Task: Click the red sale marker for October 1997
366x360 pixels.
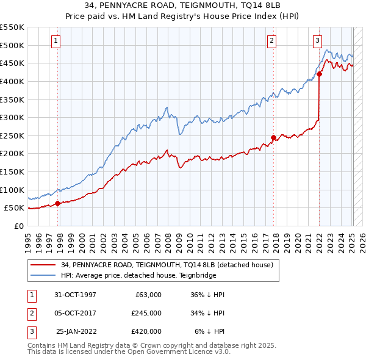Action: (58, 204)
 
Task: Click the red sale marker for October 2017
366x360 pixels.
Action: (273, 137)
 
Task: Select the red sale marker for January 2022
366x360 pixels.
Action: (319, 75)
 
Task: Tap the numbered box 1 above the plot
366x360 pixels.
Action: (56, 41)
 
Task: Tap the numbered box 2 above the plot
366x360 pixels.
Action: (271, 41)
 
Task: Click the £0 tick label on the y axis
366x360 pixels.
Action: (19, 226)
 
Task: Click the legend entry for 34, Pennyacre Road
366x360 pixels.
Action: (170, 264)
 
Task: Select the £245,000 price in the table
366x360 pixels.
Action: (146, 313)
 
